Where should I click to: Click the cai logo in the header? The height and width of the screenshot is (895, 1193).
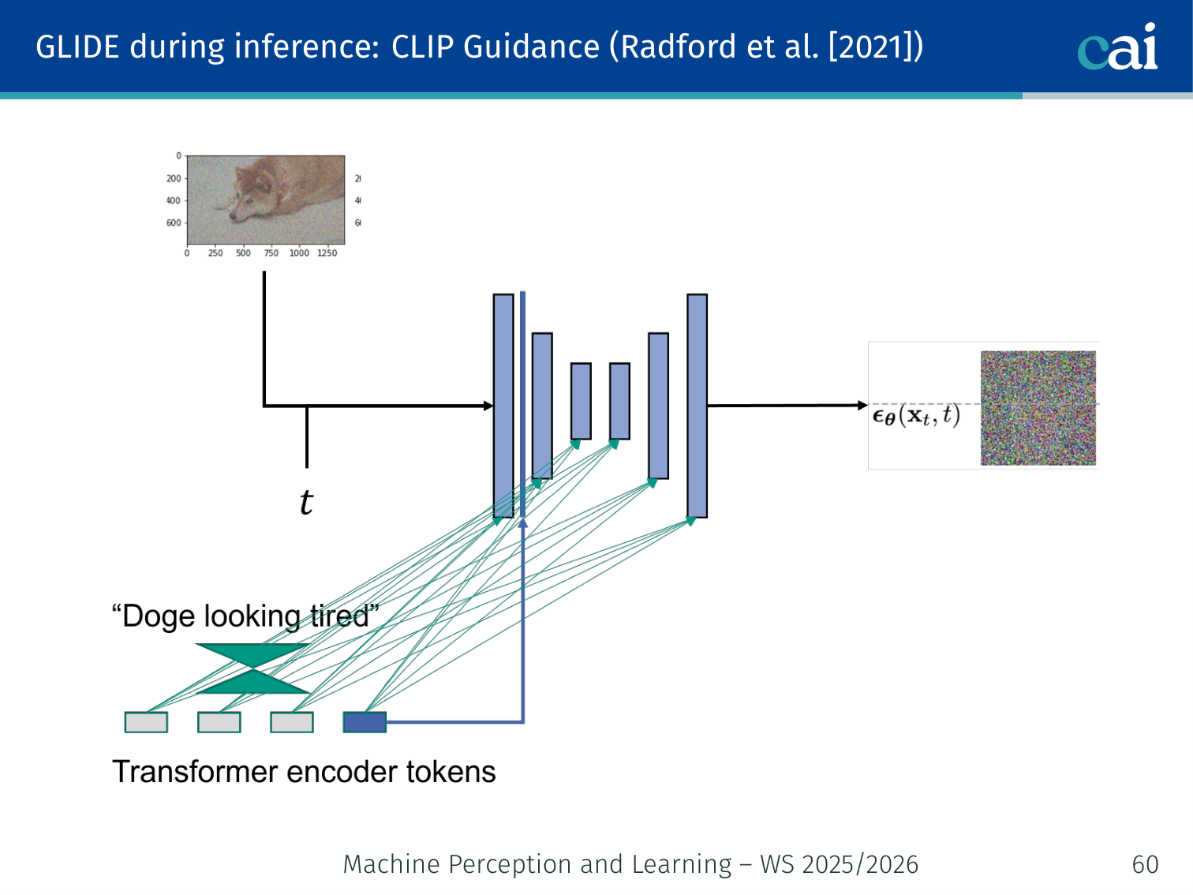(x=1117, y=48)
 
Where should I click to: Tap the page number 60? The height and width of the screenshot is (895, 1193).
(x=1145, y=864)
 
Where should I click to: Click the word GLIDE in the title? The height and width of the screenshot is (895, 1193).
(x=77, y=47)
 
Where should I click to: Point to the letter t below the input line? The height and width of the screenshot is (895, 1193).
(x=306, y=502)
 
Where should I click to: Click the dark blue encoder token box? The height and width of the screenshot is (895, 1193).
(x=365, y=722)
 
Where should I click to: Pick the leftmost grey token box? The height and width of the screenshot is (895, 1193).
(x=146, y=722)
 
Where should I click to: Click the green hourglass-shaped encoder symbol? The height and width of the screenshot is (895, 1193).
(x=252, y=668)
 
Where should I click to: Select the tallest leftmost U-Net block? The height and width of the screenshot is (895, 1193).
(x=503, y=406)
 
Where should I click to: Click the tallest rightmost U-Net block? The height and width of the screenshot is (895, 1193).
(x=697, y=406)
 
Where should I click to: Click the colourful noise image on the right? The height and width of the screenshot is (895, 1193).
(x=1038, y=408)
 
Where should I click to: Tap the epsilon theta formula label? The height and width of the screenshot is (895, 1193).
(x=915, y=416)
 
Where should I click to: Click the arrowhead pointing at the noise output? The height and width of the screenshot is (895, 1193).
(x=862, y=405)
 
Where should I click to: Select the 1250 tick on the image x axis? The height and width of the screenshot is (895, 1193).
(x=327, y=253)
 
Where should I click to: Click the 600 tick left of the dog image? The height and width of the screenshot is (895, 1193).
(x=173, y=223)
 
